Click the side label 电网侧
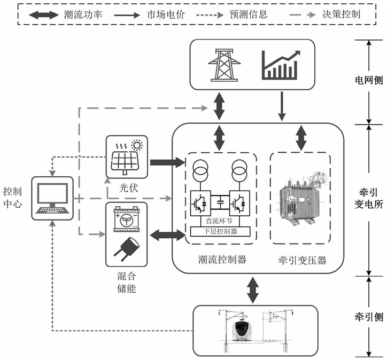click(x=368, y=82)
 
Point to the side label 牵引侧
click(x=368, y=316)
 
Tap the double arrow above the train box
click(x=252, y=290)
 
